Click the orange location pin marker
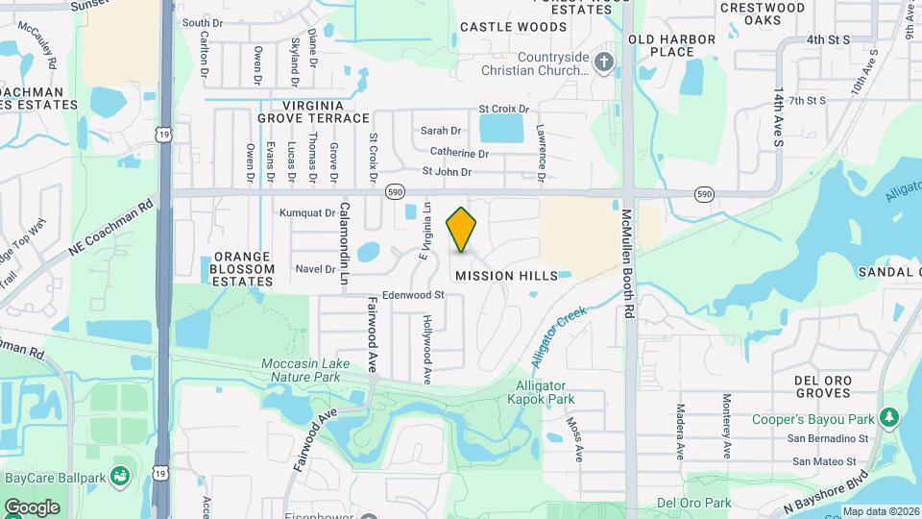(x=462, y=231)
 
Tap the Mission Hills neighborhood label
(x=506, y=276)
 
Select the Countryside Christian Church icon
(x=604, y=64)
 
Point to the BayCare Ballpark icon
(x=120, y=476)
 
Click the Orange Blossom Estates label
(x=243, y=269)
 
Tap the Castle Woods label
(x=513, y=28)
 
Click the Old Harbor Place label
(x=672, y=46)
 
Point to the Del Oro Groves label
(x=824, y=386)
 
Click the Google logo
(x=32, y=507)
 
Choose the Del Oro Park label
(x=693, y=503)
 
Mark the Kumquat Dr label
(x=307, y=212)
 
